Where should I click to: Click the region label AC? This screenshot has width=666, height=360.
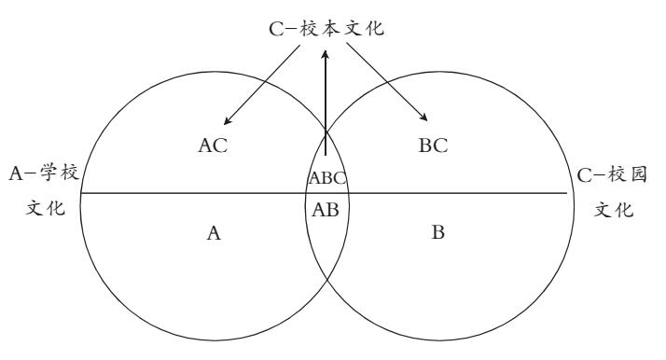pyautogui.click(x=213, y=145)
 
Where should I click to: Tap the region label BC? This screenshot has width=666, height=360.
pyautogui.click(x=433, y=145)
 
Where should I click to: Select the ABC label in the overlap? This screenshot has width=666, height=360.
pyautogui.click(x=327, y=178)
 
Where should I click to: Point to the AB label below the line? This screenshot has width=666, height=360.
pyautogui.click(x=326, y=210)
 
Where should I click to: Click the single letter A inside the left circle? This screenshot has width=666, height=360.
pyautogui.click(x=214, y=233)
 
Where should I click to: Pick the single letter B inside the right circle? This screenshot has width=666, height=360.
pyautogui.click(x=437, y=232)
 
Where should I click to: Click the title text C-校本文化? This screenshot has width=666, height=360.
pyautogui.click(x=326, y=29)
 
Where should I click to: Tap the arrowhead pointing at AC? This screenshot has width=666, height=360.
pyautogui.click(x=228, y=121)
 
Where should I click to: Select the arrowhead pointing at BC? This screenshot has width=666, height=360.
pyautogui.click(x=423, y=118)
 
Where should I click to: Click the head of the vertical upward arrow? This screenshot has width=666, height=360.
pyautogui.click(x=326, y=55)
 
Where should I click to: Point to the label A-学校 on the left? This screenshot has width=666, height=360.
pyautogui.click(x=44, y=173)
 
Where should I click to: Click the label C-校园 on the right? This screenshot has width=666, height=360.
pyautogui.click(x=612, y=174)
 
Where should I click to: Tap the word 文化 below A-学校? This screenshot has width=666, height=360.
pyautogui.click(x=46, y=208)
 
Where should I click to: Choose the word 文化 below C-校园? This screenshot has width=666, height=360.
pyautogui.click(x=614, y=209)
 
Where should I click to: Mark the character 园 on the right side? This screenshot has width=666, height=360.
pyautogui.click(x=637, y=174)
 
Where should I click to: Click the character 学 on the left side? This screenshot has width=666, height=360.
pyautogui.click(x=49, y=173)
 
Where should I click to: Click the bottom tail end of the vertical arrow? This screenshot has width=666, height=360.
pyautogui.click(x=326, y=156)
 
